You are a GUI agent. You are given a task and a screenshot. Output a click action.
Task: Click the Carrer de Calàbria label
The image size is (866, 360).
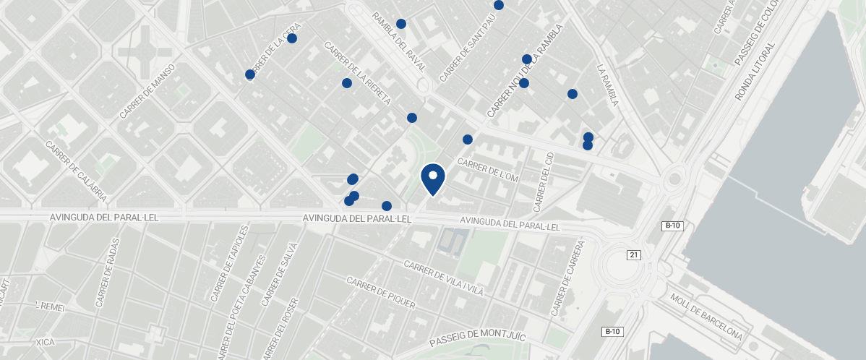coord(76,171)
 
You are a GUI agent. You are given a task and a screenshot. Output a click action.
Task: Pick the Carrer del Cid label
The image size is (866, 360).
coord(543,181)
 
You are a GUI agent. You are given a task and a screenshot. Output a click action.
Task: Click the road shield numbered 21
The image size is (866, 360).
coord(634,254)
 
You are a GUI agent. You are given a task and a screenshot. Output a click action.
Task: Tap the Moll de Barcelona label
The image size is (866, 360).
coord(706,317)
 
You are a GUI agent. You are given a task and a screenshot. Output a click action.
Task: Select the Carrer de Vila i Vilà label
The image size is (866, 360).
coord(443,278)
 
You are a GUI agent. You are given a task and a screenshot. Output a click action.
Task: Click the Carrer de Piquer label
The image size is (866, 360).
coord(381,293)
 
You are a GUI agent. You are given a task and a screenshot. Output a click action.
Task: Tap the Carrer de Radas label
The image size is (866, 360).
coord(108,272)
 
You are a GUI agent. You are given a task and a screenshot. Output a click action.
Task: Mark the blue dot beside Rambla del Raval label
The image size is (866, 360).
coord(401,24)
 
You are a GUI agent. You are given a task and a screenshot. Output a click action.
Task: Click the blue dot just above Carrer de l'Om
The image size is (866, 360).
coord(468,140)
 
